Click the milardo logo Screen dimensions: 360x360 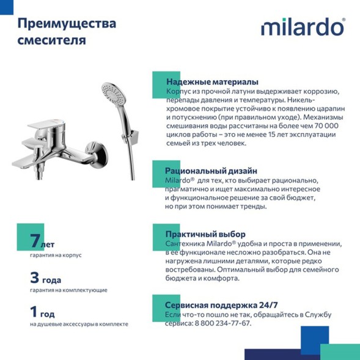[x=303, y=28]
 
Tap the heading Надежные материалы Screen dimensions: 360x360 [x=211, y=82]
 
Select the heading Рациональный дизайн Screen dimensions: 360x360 [x=211, y=171]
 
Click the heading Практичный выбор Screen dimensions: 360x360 [x=205, y=234]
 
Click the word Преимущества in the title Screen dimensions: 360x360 [x=66, y=24]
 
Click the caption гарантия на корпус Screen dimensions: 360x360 [x=55, y=255]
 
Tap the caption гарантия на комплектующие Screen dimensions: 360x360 [x=68, y=290]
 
